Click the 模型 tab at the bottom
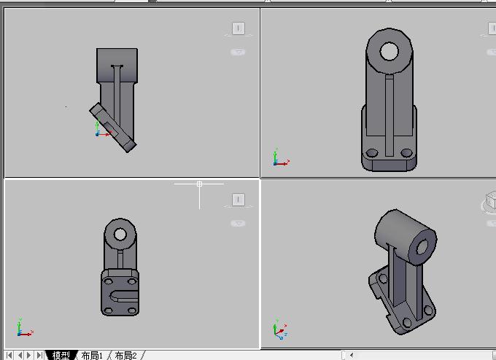tap(61, 355)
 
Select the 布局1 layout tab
tap(92, 355)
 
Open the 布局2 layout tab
tap(126, 355)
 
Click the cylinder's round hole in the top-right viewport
tap(390, 51)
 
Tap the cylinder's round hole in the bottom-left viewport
tap(120, 235)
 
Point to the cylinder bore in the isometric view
tap(422, 247)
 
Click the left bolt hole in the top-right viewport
tap(372, 153)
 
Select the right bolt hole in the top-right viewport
tap(406, 153)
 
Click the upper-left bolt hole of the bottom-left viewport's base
tap(108, 281)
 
